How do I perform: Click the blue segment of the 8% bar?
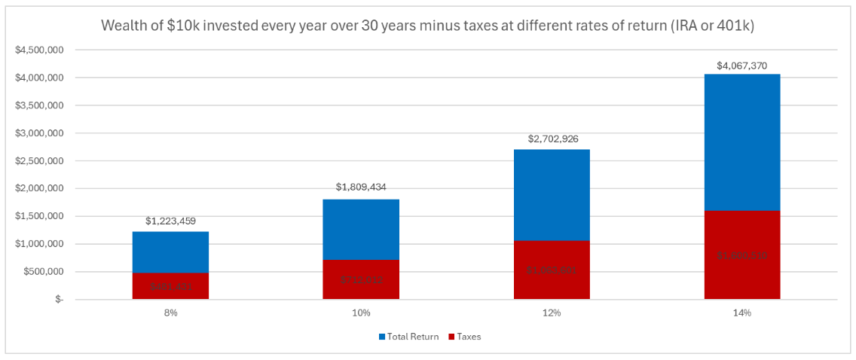[x=170, y=252]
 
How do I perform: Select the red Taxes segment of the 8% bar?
[x=170, y=286]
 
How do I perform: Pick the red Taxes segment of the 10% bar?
[x=361, y=279]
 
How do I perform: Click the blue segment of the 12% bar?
[x=552, y=195]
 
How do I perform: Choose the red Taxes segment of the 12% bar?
[x=552, y=270]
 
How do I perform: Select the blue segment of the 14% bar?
[x=742, y=142]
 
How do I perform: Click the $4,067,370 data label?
[x=742, y=66]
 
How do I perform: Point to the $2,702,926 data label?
[x=552, y=139]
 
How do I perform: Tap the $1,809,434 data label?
[x=361, y=188]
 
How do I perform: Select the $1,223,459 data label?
[x=170, y=221]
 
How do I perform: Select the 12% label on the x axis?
[x=552, y=313]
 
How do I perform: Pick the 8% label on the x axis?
[x=170, y=313]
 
